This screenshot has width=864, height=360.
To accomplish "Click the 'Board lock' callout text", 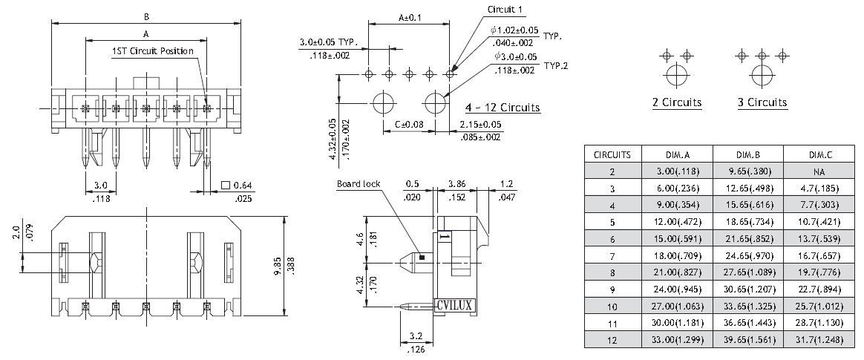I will (359, 184).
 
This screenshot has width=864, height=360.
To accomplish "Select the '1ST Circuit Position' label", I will (152, 51).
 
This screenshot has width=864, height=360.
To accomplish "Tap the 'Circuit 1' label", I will (505, 10).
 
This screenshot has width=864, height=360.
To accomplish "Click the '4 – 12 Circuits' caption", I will (503, 108).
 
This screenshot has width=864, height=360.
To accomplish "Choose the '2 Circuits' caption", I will (676, 102).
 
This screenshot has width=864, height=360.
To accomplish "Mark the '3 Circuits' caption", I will (762, 102).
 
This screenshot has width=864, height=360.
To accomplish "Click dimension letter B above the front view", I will (146, 16).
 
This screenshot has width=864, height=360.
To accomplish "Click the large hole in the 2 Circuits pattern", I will (676, 76).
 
